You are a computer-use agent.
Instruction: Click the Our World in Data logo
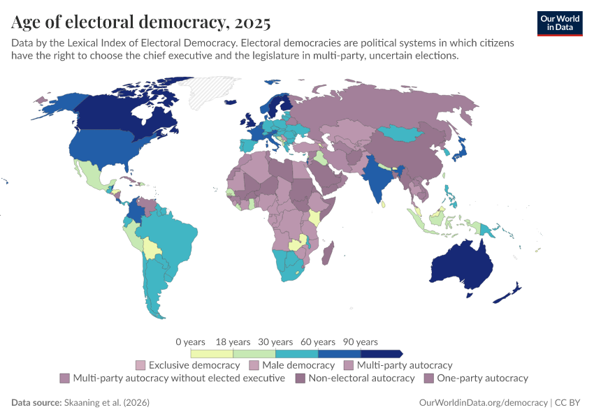click(560, 23)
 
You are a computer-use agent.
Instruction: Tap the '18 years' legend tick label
click(233, 342)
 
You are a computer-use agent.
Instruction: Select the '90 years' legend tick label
click(361, 342)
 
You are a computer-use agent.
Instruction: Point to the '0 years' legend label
click(190, 342)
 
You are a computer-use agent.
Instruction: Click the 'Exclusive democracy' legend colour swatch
click(140, 365)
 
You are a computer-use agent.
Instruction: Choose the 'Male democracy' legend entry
click(298, 365)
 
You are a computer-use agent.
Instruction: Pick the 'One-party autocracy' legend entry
click(482, 378)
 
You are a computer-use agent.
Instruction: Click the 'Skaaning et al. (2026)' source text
click(106, 403)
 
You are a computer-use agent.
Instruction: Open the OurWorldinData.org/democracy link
click(483, 403)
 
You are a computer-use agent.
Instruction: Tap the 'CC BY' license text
click(567, 403)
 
